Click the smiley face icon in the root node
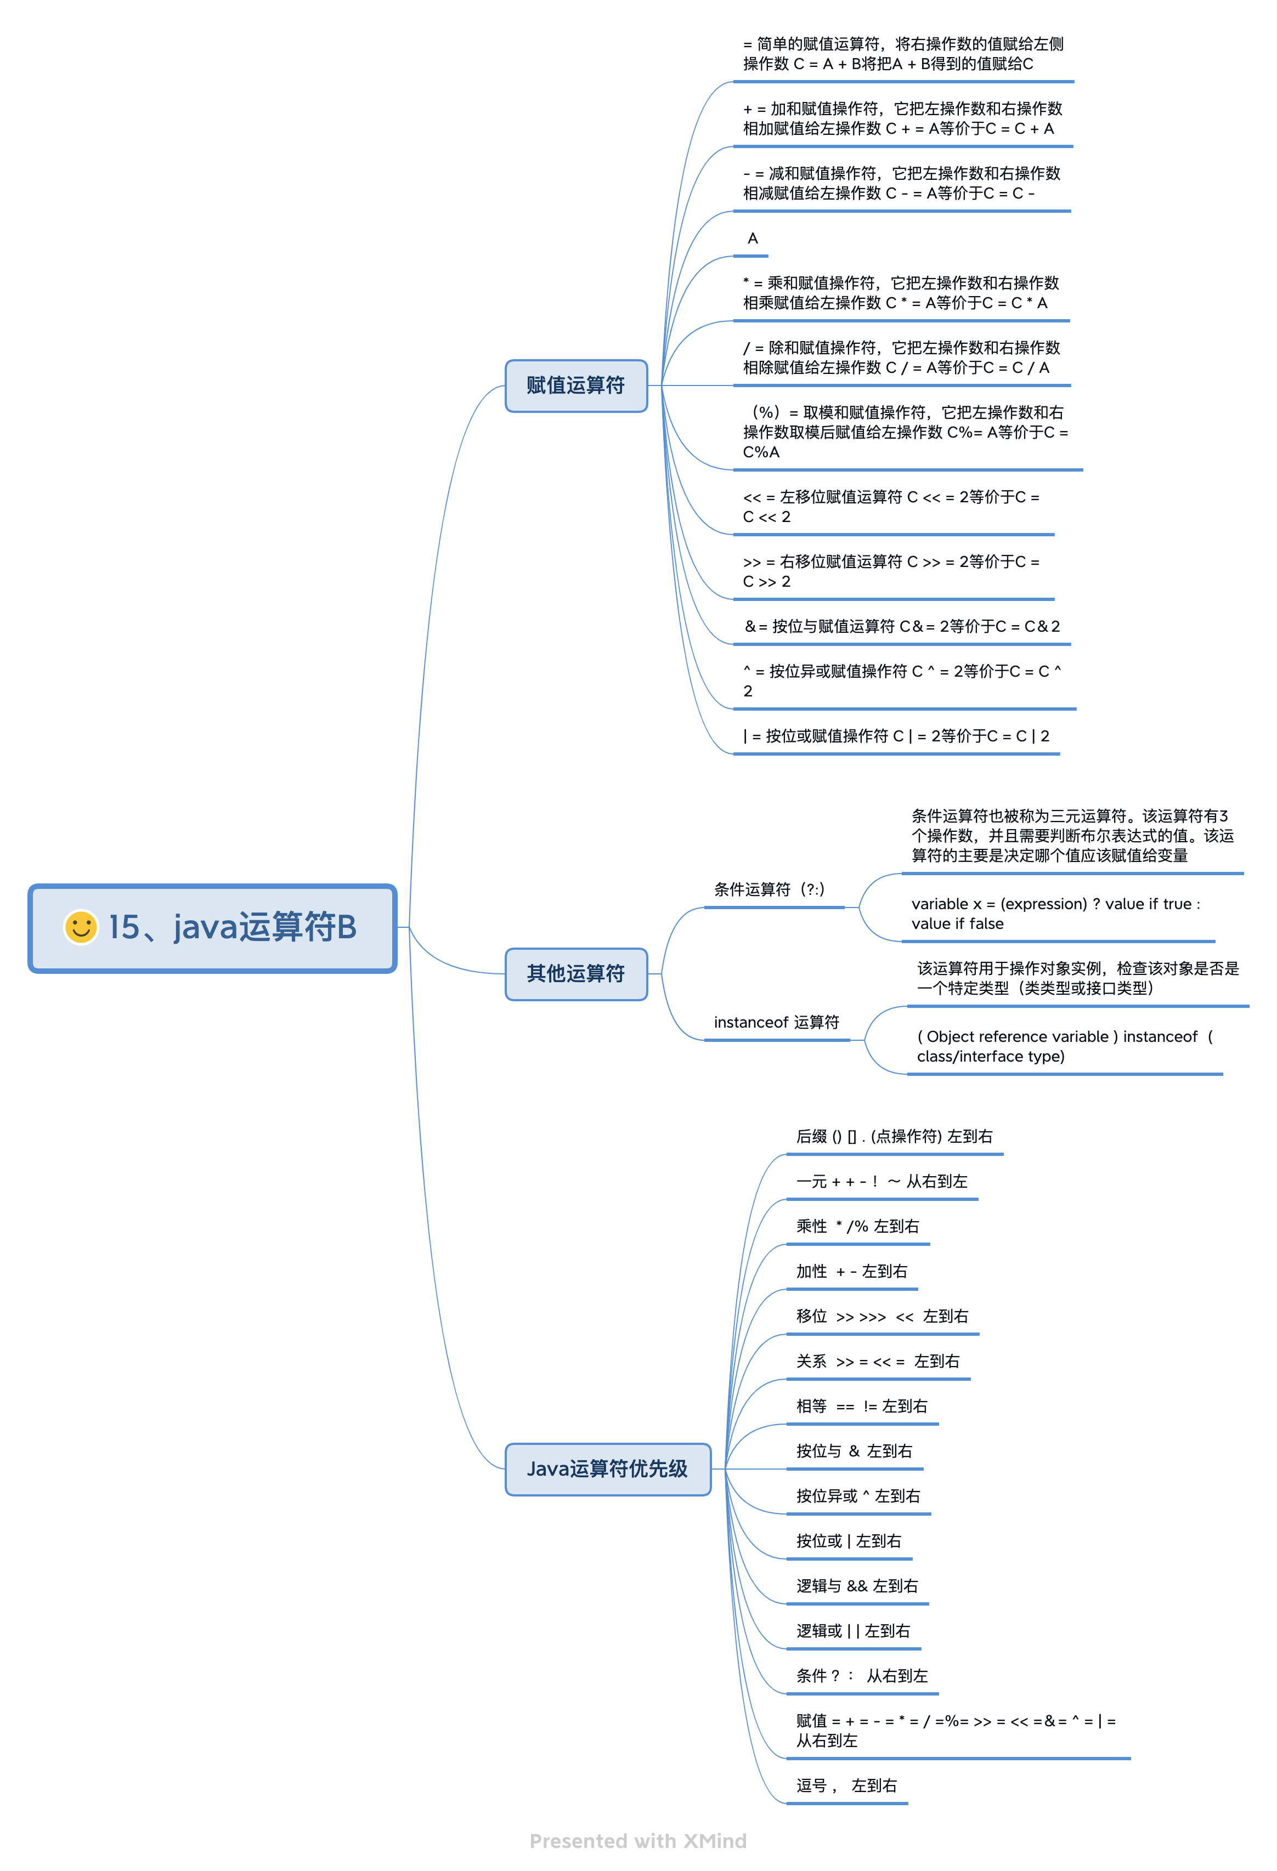pos(81,927)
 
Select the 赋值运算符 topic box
pos(576,385)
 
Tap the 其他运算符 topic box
pos(576,973)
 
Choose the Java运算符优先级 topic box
pos(607,1469)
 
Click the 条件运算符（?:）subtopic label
pos(769,889)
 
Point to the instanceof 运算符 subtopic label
pos(776,1023)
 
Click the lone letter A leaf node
pos(753,239)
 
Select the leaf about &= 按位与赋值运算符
pos(901,626)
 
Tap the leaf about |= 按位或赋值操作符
pos(895,736)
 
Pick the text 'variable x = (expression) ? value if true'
pos(1055,905)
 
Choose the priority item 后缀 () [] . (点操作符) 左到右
pos(894,1136)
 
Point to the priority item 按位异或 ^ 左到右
pos(857,1496)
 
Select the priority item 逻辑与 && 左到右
pos(857,1586)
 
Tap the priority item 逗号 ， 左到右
pos(846,1785)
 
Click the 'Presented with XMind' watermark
pos(638,1841)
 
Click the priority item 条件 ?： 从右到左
pos(862,1676)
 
